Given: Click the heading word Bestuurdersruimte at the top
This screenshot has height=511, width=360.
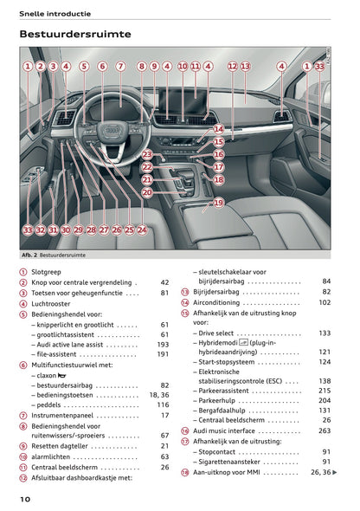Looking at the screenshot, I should (74, 35).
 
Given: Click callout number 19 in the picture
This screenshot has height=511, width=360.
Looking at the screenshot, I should (218, 203).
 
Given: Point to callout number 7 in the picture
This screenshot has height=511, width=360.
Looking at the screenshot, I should (120, 66).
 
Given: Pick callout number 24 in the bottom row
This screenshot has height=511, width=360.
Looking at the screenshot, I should (142, 230).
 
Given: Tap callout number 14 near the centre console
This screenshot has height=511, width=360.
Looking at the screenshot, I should (219, 128).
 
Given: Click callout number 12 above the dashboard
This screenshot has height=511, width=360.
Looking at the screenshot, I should (233, 66).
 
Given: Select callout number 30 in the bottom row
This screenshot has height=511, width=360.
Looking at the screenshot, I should (66, 230).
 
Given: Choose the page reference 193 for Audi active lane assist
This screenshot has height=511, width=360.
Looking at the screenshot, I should (163, 344).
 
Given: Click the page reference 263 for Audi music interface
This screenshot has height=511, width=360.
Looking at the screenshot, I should (325, 430).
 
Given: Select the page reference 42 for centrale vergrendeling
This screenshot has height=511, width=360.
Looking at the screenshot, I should (164, 282).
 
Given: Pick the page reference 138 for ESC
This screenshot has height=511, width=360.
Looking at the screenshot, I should (325, 380).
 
